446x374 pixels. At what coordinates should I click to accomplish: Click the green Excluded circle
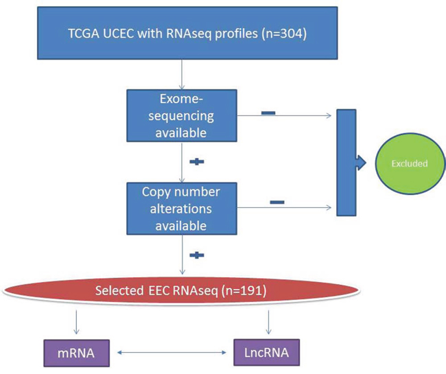point(410,163)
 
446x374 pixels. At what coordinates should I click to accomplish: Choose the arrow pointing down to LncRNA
point(268,322)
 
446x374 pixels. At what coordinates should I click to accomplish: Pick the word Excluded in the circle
point(410,164)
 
